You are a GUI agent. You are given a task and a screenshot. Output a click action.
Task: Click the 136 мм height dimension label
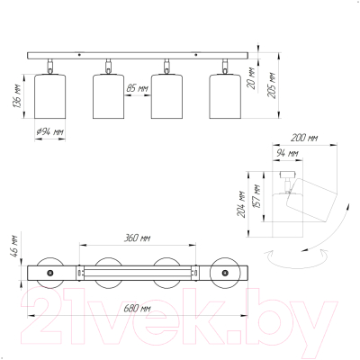17,97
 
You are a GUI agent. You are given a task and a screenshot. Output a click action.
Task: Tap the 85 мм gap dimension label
138,88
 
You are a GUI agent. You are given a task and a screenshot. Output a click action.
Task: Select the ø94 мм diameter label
49,132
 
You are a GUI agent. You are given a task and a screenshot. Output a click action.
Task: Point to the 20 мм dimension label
251,77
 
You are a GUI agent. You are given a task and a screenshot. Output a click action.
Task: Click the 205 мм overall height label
271,85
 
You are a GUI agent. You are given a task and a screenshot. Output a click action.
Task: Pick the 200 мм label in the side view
304,138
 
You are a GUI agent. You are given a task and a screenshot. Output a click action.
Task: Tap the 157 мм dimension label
257,196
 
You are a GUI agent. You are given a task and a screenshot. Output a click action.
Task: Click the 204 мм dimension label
241,204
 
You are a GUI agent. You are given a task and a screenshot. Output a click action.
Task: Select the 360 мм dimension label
137,238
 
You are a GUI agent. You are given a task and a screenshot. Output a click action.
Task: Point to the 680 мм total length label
137,308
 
